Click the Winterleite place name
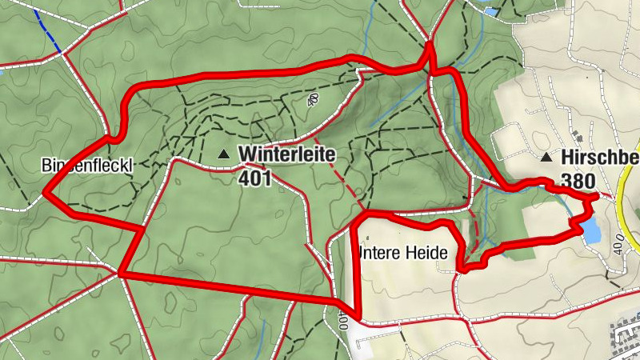click(286, 153)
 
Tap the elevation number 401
click(255, 177)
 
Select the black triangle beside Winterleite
click(224, 153)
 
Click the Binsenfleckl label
click(86, 166)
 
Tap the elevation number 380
click(578, 181)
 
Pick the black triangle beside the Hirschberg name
click(546, 158)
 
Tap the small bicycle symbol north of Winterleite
click(312, 100)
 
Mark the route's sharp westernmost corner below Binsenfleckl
click(45, 193)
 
